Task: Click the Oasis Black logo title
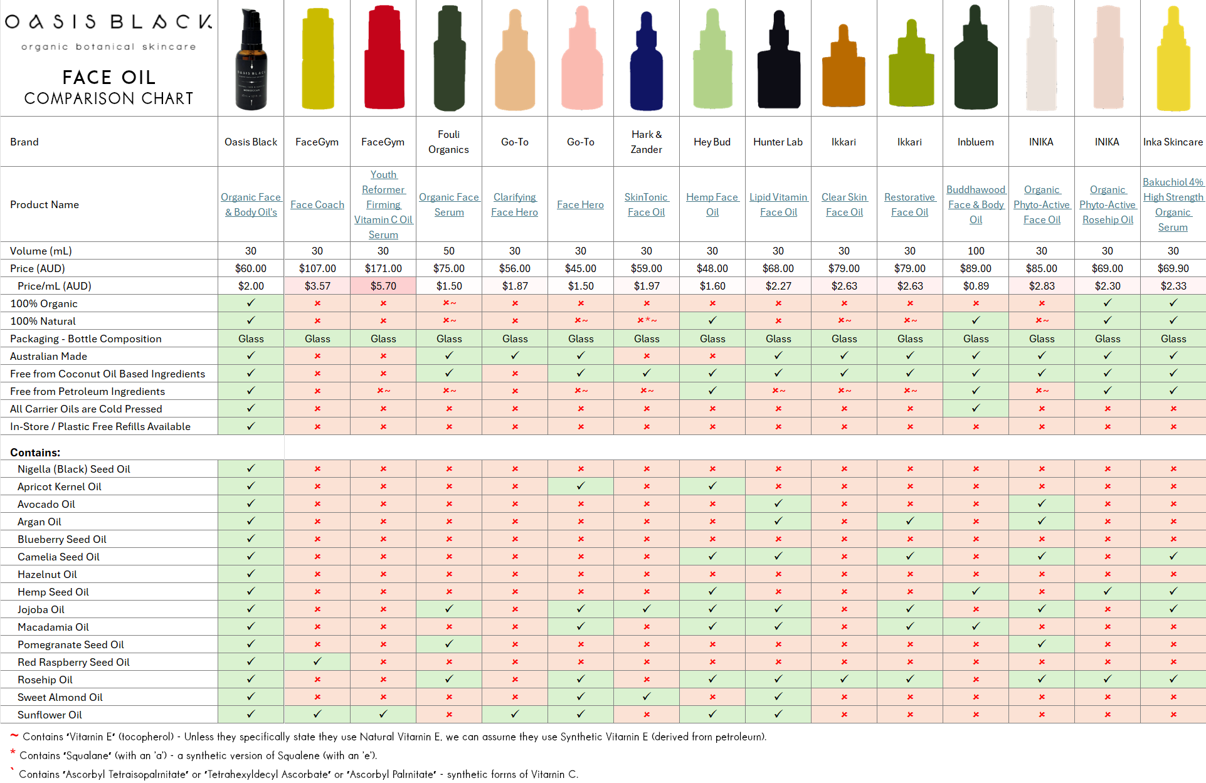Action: pos(108,22)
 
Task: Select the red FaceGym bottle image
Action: pos(384,58)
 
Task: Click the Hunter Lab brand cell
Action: pos(778,142)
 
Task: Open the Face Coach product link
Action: pos(317,204)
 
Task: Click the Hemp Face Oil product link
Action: pos(712,204)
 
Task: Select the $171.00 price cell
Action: pos(383,268)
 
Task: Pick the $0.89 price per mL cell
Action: pos(975,286)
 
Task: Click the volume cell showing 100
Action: pos(975,251)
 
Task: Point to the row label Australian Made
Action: pos(48,356)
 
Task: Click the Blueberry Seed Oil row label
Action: pos(61,539)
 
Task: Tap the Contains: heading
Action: pos(35,453)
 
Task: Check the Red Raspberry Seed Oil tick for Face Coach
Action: pos(317,661)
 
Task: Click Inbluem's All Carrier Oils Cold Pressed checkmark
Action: pos(975,408)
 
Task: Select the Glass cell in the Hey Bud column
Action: pos(712,339)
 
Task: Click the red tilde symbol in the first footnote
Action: pos(14,735)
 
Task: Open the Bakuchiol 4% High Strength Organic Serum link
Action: pos(1173,204)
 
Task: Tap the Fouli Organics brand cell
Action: pos(448,142)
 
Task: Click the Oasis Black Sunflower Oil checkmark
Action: pos(251,714)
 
